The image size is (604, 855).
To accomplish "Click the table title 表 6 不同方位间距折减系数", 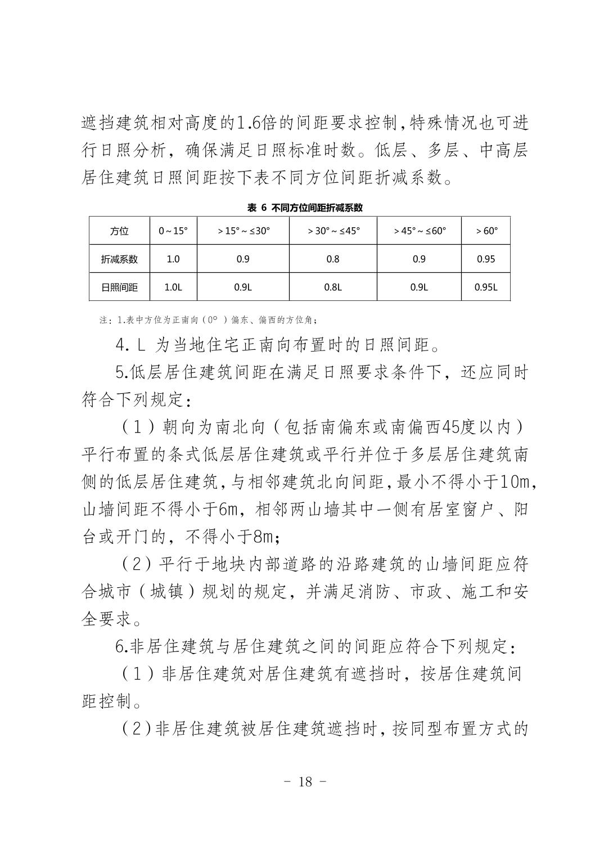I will click(x=305, y=208).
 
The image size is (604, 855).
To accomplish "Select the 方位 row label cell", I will click(x=119, y=231).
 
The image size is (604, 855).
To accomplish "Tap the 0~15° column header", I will click(x=173, y=231).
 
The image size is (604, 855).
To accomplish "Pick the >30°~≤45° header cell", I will click(x=333, y=231).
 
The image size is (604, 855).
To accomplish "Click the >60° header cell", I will click(x=486, y=231).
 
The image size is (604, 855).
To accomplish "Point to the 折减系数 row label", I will click(x=119, y=259).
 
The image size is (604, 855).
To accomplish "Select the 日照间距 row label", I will click(x=119, y=287).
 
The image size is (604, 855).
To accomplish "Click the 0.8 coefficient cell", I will click(x=333, y=259).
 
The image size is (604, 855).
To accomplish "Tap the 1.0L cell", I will click(x=173, y=287).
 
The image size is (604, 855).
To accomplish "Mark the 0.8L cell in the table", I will click(x=333, y=287).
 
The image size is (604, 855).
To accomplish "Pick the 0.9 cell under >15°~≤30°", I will click(x=242, y=259).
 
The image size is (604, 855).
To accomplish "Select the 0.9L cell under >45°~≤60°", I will click(x=419, y=287).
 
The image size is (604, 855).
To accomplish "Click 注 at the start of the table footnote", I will click(x=103, y=321).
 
